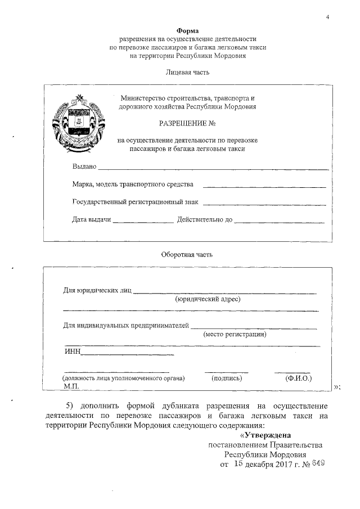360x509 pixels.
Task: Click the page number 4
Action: (327, 16)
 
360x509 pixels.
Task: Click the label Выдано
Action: (84, 167)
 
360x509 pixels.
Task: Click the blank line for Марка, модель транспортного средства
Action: (264, 186)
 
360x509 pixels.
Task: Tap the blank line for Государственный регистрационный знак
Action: (264, 204)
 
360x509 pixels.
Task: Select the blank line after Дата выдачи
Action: (143, 222)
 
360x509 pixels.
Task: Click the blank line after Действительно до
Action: (280, 222)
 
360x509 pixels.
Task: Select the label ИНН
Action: (73, 352)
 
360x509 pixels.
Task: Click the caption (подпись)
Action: (227, 379)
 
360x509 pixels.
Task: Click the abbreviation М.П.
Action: (70, 386)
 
